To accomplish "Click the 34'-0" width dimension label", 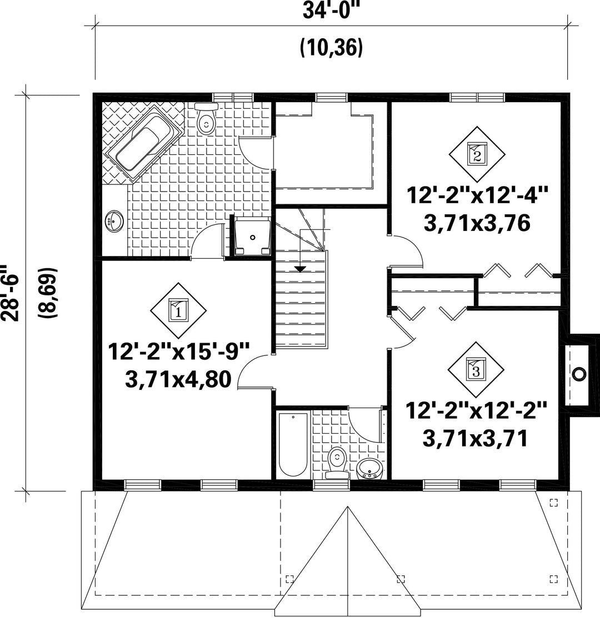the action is point(326,11).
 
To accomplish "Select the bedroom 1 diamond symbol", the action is point(178,310).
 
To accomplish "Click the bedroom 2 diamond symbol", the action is point(477,154).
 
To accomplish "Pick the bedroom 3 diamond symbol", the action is point(476,369).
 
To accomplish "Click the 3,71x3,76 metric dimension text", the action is point(477,223).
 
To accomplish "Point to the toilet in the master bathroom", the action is point(206,119).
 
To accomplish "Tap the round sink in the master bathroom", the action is point(114,221).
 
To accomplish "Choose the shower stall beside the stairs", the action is point(253,237).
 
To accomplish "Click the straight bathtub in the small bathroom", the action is point(293,445).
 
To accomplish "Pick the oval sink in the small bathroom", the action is point(369,469).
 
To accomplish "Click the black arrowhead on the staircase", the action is point(301,269).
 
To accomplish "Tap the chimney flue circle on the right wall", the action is point(579,374).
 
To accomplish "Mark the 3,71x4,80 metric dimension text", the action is point(178,380).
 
